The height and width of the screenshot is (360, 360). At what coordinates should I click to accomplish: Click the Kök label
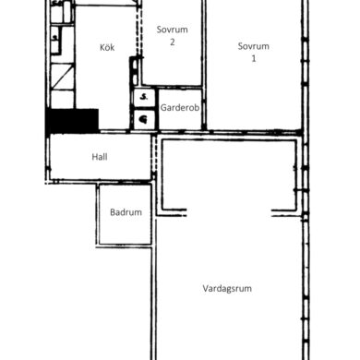[x=107, y=47]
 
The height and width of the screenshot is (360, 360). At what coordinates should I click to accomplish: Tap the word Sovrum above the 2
[x=172, y=30]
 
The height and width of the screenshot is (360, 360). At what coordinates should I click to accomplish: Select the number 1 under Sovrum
[x=254, y=58]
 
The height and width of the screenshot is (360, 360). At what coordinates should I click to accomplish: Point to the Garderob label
[x=180, y=108]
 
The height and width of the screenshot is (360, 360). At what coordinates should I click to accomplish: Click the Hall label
[x=100, y=157]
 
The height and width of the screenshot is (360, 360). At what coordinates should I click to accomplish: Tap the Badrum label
[x=126, y=212]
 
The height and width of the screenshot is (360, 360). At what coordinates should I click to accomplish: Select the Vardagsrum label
[x=227, y=289]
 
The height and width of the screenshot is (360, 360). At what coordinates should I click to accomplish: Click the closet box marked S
[x=144, y=98]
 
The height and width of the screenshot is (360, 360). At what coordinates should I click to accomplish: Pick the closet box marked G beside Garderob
[x=144, y=119]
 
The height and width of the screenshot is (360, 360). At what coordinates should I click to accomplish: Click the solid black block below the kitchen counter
[x=73, y=121]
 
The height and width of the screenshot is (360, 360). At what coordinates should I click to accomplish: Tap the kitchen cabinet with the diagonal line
[x=63, y=76]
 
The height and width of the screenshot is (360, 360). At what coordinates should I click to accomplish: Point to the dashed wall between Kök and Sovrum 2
[x=139, y=31]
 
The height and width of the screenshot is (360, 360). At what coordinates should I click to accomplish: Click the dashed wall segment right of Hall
[x=154, y=156]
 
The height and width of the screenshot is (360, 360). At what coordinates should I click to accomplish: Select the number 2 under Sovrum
[x=173, y=42]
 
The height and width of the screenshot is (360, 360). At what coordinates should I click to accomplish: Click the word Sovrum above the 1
[x=254, y=46]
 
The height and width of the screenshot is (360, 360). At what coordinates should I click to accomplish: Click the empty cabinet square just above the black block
[x=63, y=99]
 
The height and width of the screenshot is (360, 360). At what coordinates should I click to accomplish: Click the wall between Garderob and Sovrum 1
[x=204, y=108]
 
